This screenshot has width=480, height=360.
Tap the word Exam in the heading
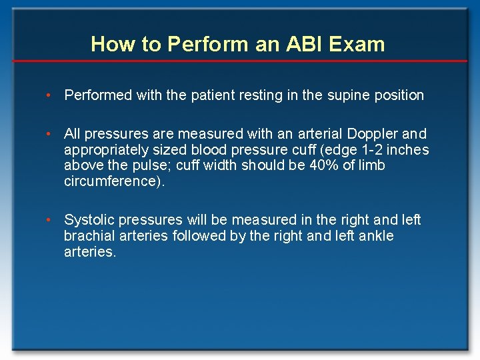(356, 45)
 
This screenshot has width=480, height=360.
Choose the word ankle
(375, 236)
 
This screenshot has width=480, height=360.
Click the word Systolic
(89, 220)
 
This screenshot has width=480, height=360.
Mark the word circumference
(111, 181)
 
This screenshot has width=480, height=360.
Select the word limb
(371, 165)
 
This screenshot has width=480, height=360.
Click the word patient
(213, 95)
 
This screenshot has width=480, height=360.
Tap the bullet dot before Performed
(49, 95)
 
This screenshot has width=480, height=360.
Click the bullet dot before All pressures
(49, 135)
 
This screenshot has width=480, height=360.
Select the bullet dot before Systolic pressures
(49, 220)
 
